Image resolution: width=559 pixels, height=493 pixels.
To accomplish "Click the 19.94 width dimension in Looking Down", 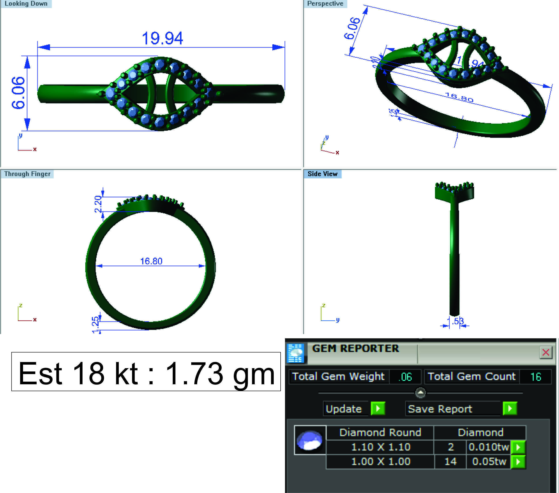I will (x=162, y=38).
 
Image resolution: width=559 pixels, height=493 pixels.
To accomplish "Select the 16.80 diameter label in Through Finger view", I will (x=151, y=261).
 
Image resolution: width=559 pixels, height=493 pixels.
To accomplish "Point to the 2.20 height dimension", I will (x=98, y=204).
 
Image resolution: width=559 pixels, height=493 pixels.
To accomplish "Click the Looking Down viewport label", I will (x=26, y=4).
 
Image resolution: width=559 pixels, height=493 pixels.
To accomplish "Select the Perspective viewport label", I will (x=325, y=4).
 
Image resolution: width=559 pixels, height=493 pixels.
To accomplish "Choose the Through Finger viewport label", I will (x=27, y=174).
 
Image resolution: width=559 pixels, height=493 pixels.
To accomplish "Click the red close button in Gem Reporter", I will (x=546, y=352).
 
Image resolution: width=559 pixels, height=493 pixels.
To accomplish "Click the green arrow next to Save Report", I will (x=510, y=409).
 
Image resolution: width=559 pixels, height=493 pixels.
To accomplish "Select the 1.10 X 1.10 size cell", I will (x=380, y=447).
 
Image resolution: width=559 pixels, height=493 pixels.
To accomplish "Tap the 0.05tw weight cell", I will (x=489, y=462).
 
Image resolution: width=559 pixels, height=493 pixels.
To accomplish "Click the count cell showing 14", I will (x=450, y=462).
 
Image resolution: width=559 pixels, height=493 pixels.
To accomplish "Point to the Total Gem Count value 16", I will (x=535, y=377).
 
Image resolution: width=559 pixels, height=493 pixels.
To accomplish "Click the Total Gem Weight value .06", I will (x=405, y=377).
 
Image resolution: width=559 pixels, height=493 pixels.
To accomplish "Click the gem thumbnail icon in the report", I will (x=310, y=440).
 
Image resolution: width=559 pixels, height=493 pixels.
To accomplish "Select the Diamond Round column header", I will (x=380, y=432).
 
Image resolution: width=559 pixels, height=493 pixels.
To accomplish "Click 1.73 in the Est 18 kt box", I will (x=194, y=373).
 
